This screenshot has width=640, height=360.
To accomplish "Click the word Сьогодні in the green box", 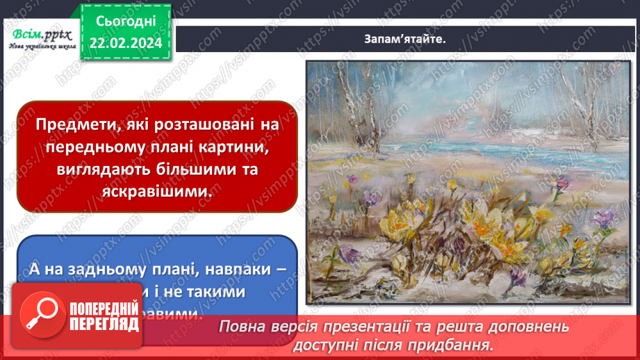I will point(125,22).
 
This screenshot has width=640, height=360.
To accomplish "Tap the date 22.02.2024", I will point(125,43).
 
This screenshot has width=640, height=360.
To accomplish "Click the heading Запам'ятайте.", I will point(404,39).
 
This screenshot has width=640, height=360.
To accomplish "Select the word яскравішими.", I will point(158,194).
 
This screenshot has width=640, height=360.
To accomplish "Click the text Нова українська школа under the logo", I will point(40,47).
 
